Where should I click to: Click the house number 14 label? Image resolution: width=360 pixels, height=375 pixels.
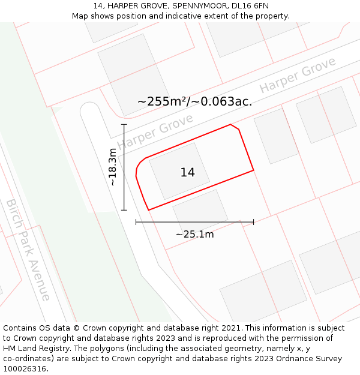[x=187, y=173]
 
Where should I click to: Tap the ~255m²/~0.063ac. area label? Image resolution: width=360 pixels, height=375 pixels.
[x=194, y=101]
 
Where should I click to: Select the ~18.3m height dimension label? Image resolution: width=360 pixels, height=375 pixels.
[x=112, y=167]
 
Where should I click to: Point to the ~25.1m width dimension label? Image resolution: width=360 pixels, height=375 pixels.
[x=194, y=234]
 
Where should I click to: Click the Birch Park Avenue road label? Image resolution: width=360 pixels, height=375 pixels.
[x=28, y=250]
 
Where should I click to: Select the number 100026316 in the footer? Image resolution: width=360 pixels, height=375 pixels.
[x=26, y=369]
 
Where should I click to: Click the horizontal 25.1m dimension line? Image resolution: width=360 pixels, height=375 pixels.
[x=194, y=222]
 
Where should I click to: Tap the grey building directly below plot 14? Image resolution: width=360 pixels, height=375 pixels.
[x=200, y=210]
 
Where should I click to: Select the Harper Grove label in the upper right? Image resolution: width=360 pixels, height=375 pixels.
[x=298, y=77]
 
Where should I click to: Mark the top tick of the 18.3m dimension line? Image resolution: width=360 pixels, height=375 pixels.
[x=124, y=124]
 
